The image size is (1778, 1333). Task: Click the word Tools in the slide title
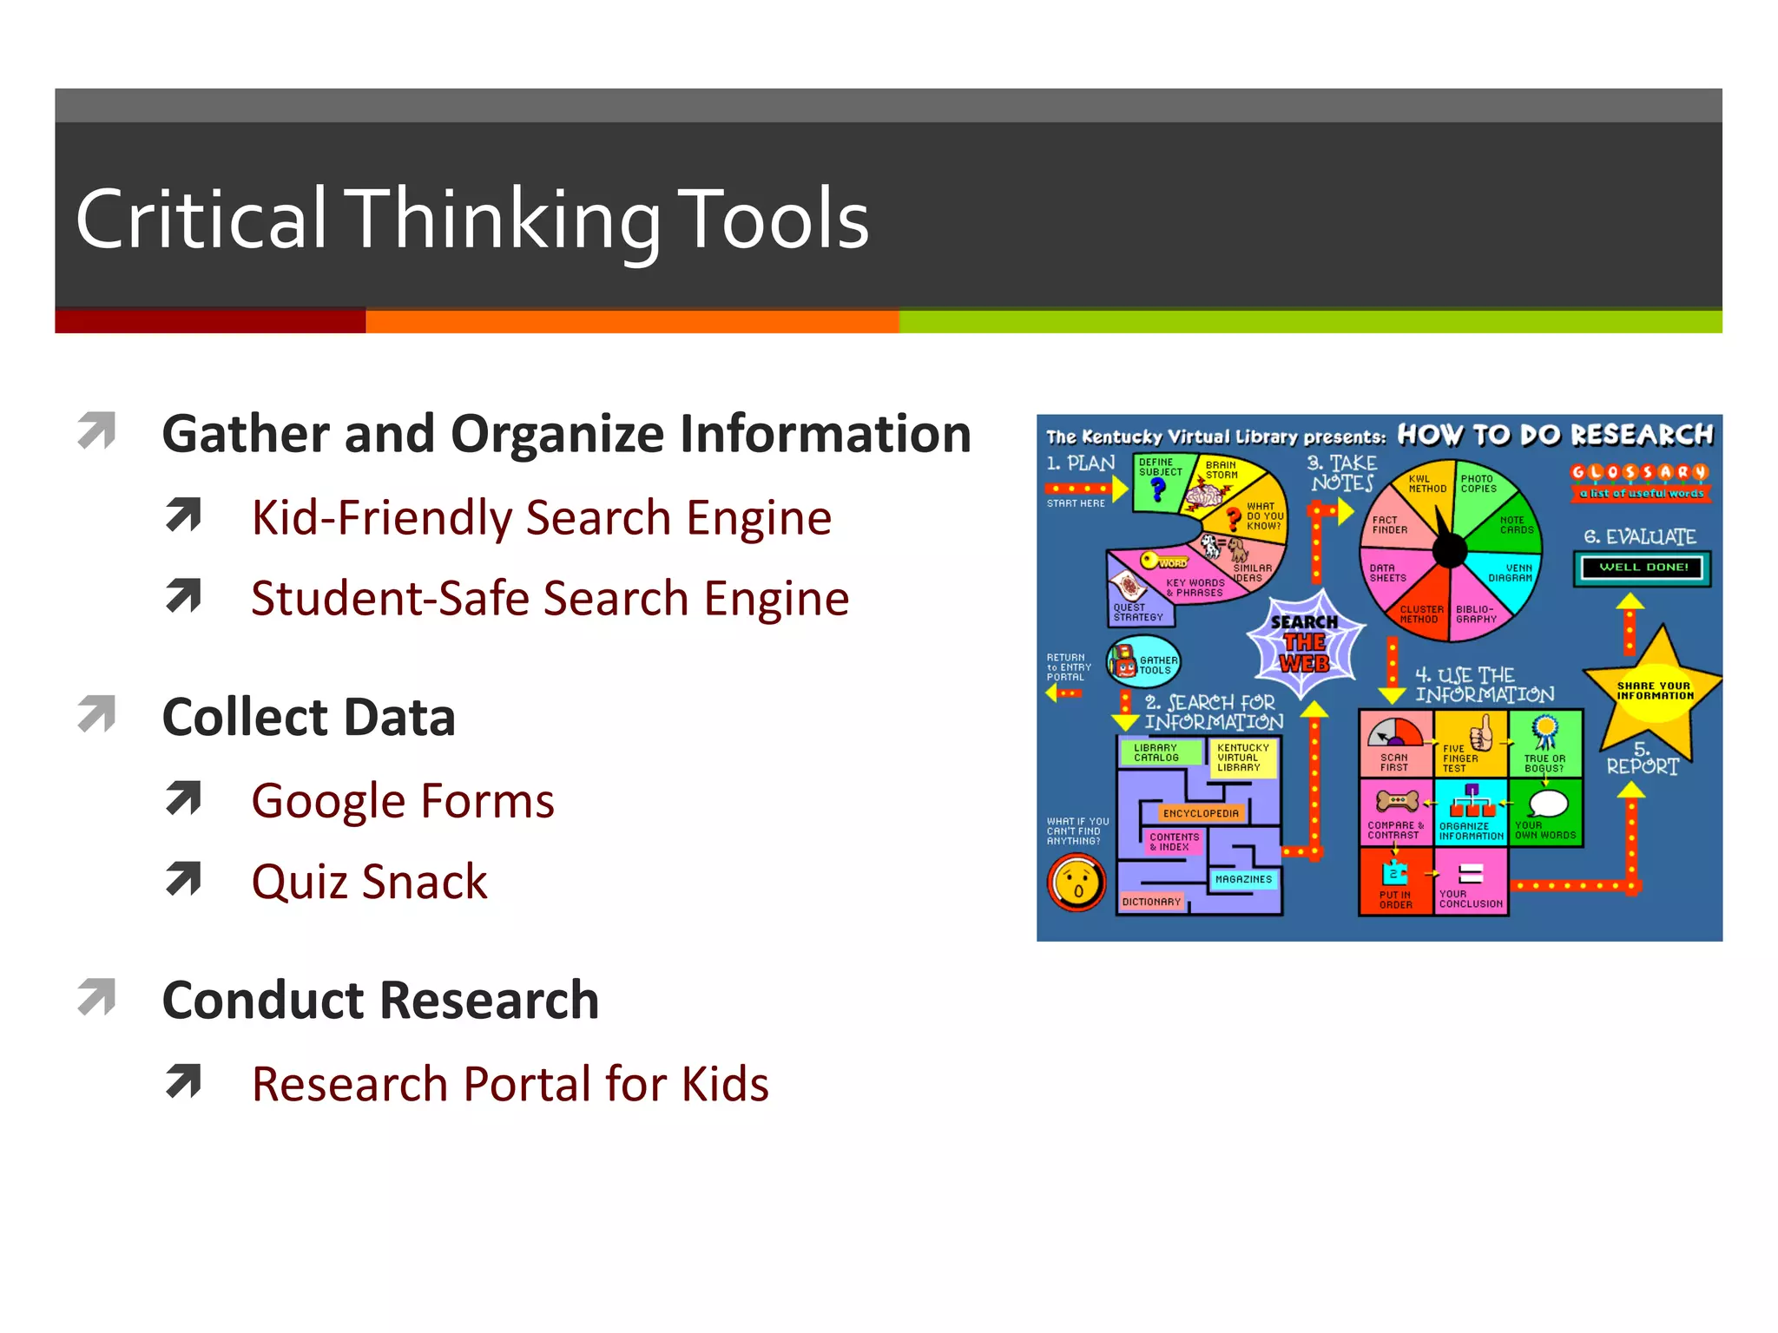[772, 220]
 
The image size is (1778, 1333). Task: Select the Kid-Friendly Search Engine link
[541, 518]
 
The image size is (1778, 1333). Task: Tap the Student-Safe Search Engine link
[550, 599]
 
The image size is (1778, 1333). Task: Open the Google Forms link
[402, 801]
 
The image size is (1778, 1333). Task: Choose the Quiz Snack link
[369, 882]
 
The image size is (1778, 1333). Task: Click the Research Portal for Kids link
[510, 1084]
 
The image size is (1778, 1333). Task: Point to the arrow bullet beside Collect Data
[97, 714]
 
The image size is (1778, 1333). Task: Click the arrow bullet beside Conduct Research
[97, 997]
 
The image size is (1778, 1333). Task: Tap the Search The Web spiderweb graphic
[1304, 643]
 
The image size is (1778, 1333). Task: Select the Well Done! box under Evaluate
[1643, 568]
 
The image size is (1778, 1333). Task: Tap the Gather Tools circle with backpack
[1143, 663]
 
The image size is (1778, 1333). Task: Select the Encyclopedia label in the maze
[1201, 813]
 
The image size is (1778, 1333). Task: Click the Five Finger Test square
[1471, 744]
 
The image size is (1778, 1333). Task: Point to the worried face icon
[1077, 883]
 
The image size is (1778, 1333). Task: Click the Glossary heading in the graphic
[1639, 473]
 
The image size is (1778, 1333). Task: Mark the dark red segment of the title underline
[210, 321]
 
